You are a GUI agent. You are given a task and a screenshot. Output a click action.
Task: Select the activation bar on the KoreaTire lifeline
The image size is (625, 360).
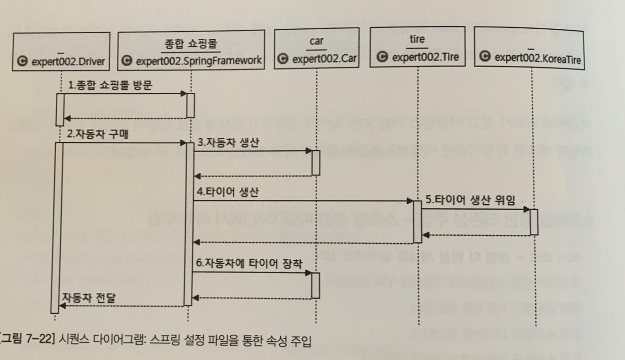[x=534, y=222]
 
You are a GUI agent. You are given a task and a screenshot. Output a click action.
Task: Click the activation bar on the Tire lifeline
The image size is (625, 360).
[x=417, y=221]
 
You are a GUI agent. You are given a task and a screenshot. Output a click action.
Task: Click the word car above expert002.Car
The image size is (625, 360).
[x=316, y=41]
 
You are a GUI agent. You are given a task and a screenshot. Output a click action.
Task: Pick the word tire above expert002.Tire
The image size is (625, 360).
[x=417, y=39]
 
